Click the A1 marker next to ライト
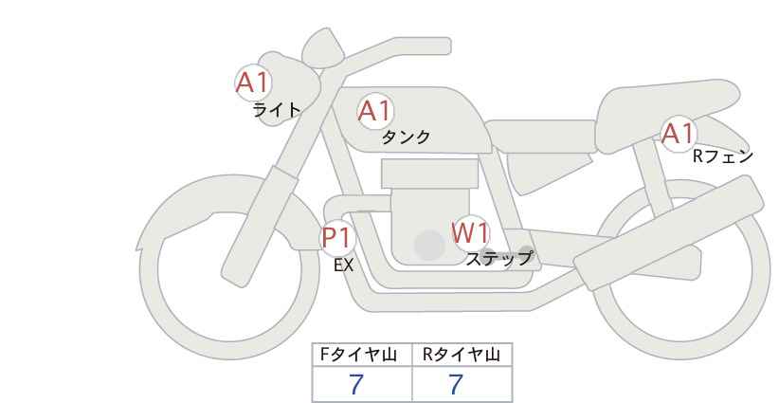click(253, 82)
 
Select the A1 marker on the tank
click(374, 112)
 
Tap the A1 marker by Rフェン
click(678, 134)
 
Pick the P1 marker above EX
click(336, 236)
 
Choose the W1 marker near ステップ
click(469, 232)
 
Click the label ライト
click(277, 110)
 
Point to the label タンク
click(406, 137)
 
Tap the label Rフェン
click(722, 156)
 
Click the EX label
click(343, 266)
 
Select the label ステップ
click(498, 258)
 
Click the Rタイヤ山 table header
click(462, 356)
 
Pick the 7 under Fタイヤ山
click(356, 385)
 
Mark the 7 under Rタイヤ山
click(456, 385)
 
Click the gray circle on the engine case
click(429, 245)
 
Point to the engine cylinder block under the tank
click(429, 174)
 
